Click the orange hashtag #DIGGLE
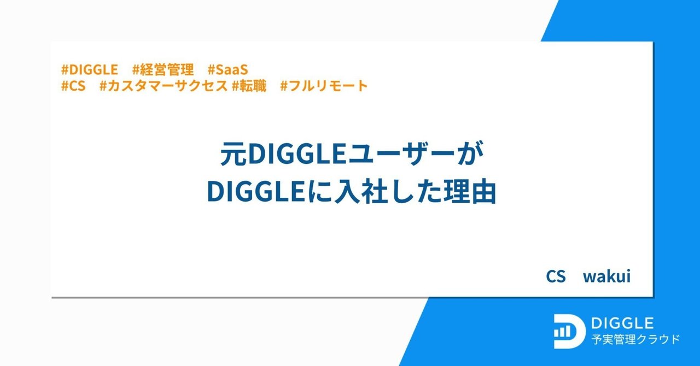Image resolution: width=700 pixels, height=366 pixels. [90, 70]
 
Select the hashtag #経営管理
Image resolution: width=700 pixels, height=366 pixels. [163, 70]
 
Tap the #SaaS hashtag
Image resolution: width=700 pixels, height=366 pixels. [228, 70]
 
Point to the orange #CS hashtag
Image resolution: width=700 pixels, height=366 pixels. [74, 86]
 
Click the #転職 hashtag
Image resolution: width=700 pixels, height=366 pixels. [249, 86]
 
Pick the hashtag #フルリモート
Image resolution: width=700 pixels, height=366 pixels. [324, 86]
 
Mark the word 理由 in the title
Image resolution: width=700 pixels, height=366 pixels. [469, 192]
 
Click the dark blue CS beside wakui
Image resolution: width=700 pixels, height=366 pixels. [555, 276]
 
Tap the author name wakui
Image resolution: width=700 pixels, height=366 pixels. [606, 276]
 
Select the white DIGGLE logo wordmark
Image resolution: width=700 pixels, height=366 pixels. [622, 323]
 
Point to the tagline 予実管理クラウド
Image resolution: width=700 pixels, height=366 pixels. [635, 340]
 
